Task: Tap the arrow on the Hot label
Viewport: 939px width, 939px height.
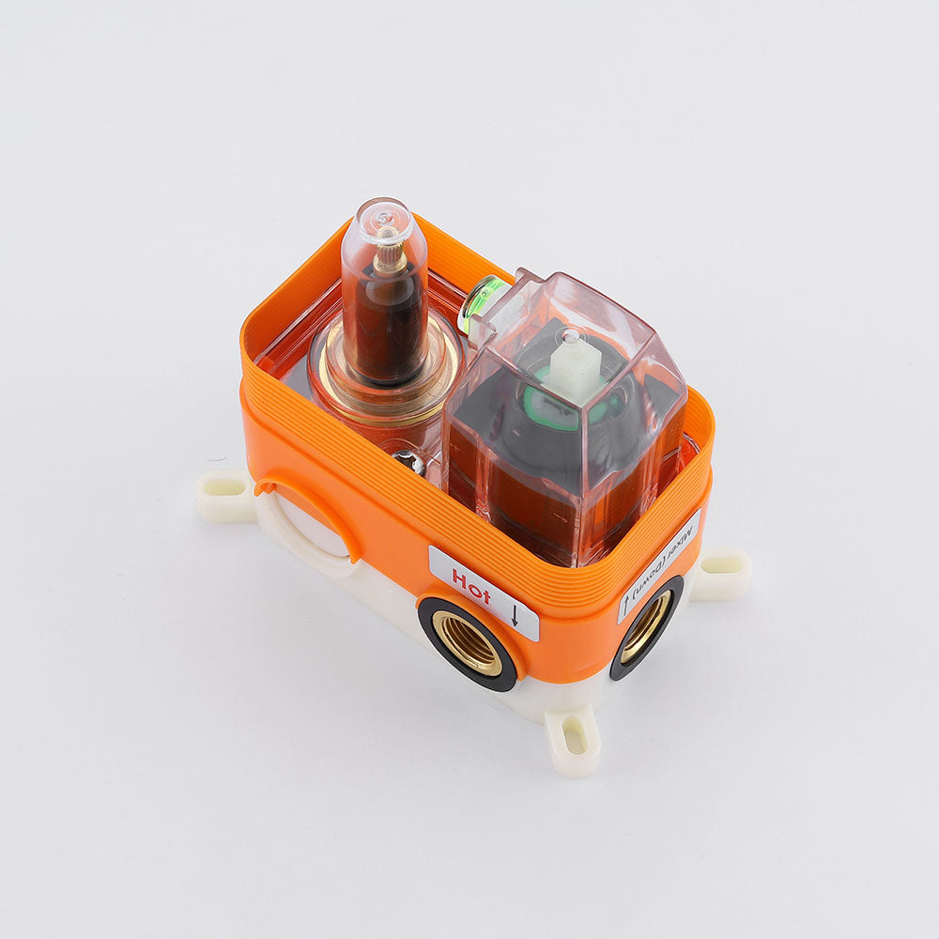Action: tap(515, 615)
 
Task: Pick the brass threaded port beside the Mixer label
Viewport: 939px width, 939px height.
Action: tap(644, 626)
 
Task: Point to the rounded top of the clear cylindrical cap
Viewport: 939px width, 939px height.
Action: tap(384, 218)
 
